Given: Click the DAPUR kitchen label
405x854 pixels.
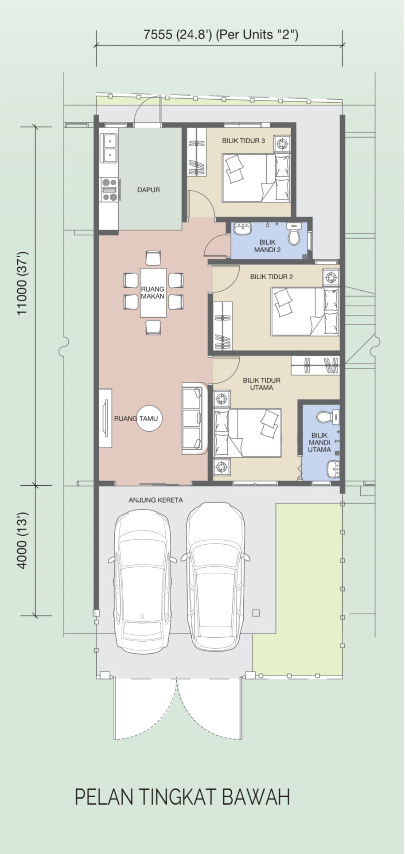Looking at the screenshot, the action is click(x=148, y=190).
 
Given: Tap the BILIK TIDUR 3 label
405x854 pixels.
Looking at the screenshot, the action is click(x=243, y=141).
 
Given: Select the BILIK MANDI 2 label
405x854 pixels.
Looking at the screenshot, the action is click(x=268, y=246).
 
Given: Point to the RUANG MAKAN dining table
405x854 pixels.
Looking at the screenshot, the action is click(x=153, y=292).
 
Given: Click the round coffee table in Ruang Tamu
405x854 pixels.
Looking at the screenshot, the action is click(x=149, y=418).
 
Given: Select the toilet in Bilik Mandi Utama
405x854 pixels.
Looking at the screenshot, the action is click(x=328, y=416).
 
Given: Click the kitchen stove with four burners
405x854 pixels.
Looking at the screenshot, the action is click(x=109, y=190).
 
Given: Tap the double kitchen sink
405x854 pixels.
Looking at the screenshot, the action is click(x=109, y=148).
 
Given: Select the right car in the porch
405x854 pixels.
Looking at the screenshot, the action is click(x=216, y=576).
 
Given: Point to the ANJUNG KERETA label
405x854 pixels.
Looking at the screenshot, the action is click(x=156, y=500).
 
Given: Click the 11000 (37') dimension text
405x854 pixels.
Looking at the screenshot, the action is click(x=23, y=283).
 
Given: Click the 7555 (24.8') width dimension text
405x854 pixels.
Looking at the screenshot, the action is click(x=221, y=35).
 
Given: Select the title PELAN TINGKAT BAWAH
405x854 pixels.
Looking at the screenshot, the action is click(x=182, y=796).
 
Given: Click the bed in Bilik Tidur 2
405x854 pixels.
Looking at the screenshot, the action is click(x=305, y=311).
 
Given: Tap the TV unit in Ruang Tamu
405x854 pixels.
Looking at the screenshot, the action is click(x=105, y=418).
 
